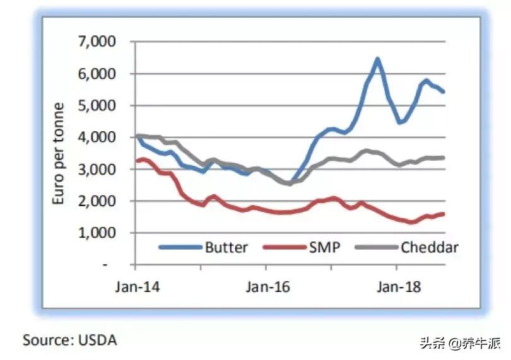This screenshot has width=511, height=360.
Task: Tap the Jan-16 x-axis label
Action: click(267, 286)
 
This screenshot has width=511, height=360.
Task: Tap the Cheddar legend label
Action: click(429, 247)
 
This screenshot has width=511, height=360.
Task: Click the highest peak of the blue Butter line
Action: click(377, 59)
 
